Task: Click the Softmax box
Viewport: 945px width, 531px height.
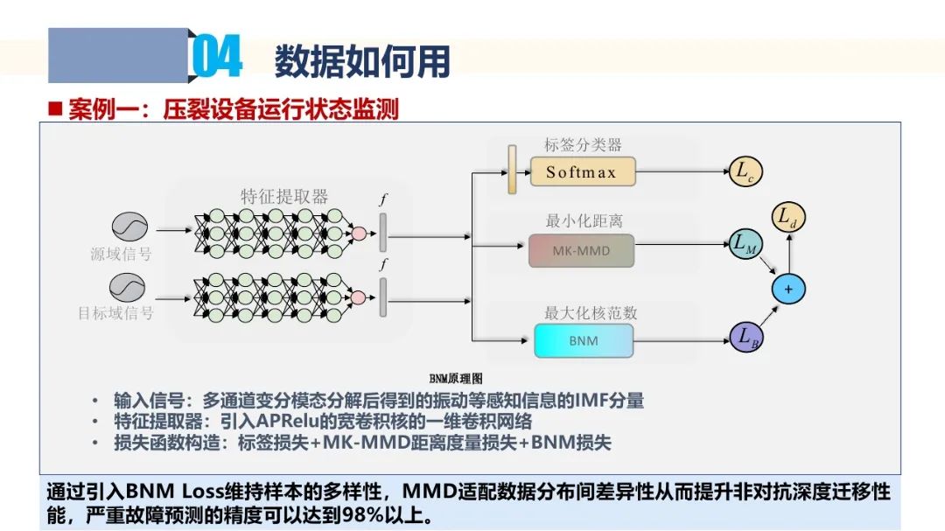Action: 582,172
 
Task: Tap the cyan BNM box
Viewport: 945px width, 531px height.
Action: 584,340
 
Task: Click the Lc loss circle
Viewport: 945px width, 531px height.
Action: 745,172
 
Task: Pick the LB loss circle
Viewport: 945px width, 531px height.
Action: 745,336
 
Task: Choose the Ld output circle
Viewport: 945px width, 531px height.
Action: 787,216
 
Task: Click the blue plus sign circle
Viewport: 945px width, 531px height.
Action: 787,289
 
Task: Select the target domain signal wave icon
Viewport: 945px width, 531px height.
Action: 127,287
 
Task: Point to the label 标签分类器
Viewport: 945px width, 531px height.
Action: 583,145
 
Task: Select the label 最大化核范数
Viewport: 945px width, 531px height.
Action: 584,312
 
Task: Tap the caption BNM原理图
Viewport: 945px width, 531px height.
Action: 455,379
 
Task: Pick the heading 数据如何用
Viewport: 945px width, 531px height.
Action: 362,61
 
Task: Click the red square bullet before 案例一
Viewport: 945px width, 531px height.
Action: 55,109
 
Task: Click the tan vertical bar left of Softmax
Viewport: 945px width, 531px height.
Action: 512,169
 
